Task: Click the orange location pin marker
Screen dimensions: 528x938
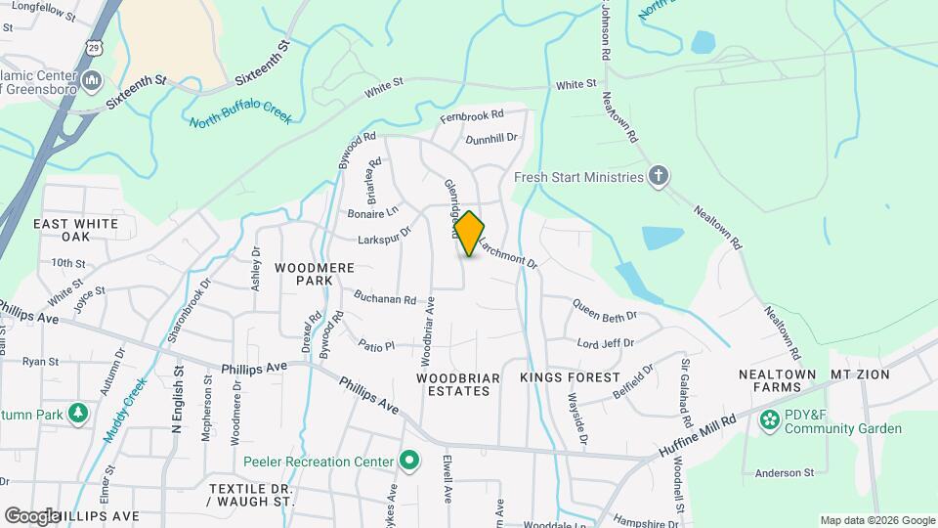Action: tap(469, 234)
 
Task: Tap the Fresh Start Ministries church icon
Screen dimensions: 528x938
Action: tap(660, 177)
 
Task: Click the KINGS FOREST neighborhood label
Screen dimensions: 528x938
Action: tap(570, 377)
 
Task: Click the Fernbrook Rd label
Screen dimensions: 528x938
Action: tap(471, 115)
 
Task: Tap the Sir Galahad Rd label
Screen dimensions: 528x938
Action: tap(687, 388)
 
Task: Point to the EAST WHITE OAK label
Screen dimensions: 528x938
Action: tap(76, 230)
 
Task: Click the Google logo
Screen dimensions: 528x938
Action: tap(32, 515)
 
